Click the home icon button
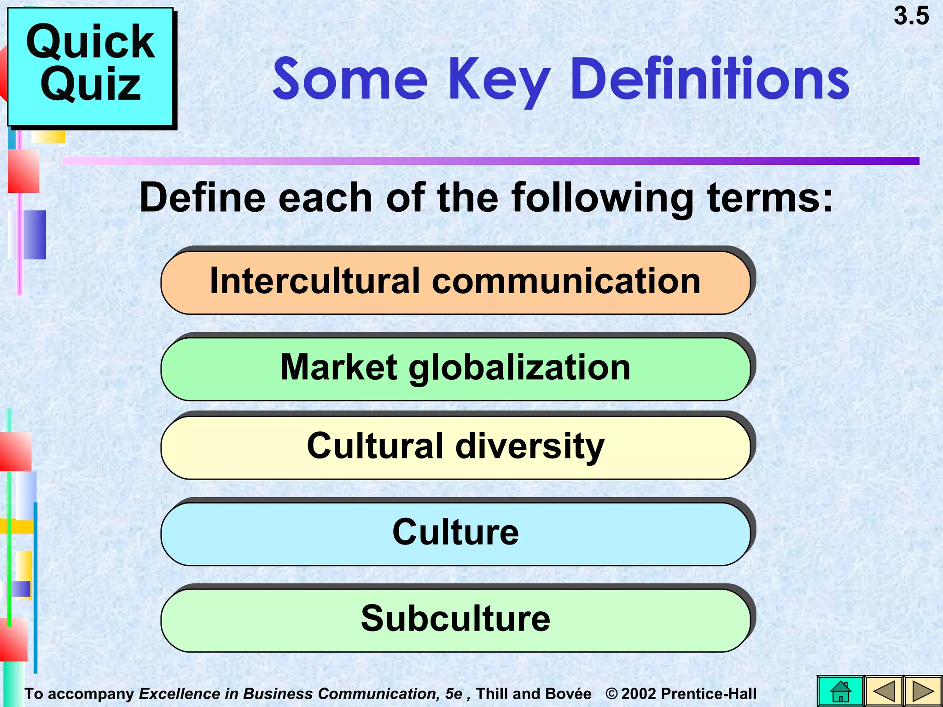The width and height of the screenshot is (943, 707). [840, 691]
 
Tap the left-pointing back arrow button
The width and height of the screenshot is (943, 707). [884, 691]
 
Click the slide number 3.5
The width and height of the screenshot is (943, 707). [911, 16]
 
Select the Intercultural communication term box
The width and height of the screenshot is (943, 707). [455, 282]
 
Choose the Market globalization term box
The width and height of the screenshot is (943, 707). [455, 369]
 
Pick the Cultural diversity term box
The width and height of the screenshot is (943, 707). [455, 447]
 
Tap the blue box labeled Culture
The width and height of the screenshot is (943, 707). [455, 533]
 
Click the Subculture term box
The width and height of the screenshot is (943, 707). [455, 620]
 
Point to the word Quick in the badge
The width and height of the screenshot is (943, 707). [90, 42]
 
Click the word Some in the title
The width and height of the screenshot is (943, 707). [350, 79]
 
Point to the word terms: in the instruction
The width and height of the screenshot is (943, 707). [770, 198]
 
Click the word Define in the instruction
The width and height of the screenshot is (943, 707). [203, 198]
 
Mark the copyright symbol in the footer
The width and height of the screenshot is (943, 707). [611, 694]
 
